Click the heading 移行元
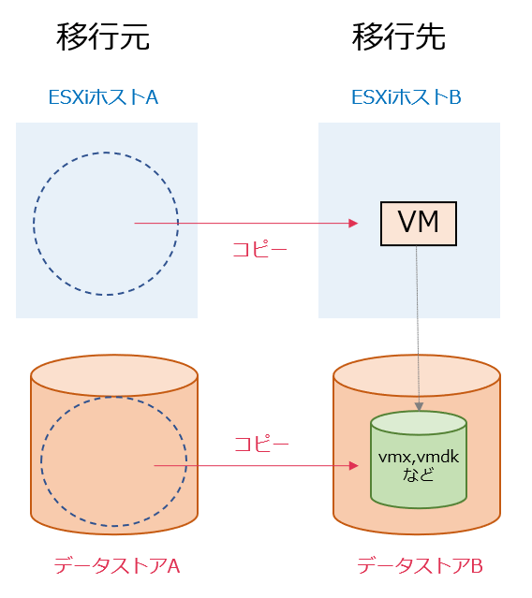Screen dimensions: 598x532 pyautogui.click(x=103, y=38)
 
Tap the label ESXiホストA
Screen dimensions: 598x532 pyautogui.click(x=103, y=97)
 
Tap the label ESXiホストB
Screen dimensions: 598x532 pyautogui.click(x=406, y=97)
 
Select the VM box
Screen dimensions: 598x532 pyautogui.click(x=419, y=223)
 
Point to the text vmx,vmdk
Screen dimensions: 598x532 pyautogui.click(x=417, y=457)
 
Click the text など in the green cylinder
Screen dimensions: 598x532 pyautogui.click(x=417, y=475)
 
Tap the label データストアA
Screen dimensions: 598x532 pyautogui.click(x=116, y=566)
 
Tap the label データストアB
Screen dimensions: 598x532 pyautogui.click(x=420, y=566)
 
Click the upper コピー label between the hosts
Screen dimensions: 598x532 pyautogui.click(x=259, y=251)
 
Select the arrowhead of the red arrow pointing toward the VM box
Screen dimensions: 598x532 pyautogui.click(x=354, y=224)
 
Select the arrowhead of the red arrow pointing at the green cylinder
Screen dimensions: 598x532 pyautogui.click(x=353, y=465)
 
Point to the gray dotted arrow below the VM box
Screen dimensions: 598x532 pyautogui.click(x=418, y=328)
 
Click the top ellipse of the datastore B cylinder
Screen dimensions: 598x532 pyautogui.click(x=418, y=374)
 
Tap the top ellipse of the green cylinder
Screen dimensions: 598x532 pyautogui.click(x=419, y=423)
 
